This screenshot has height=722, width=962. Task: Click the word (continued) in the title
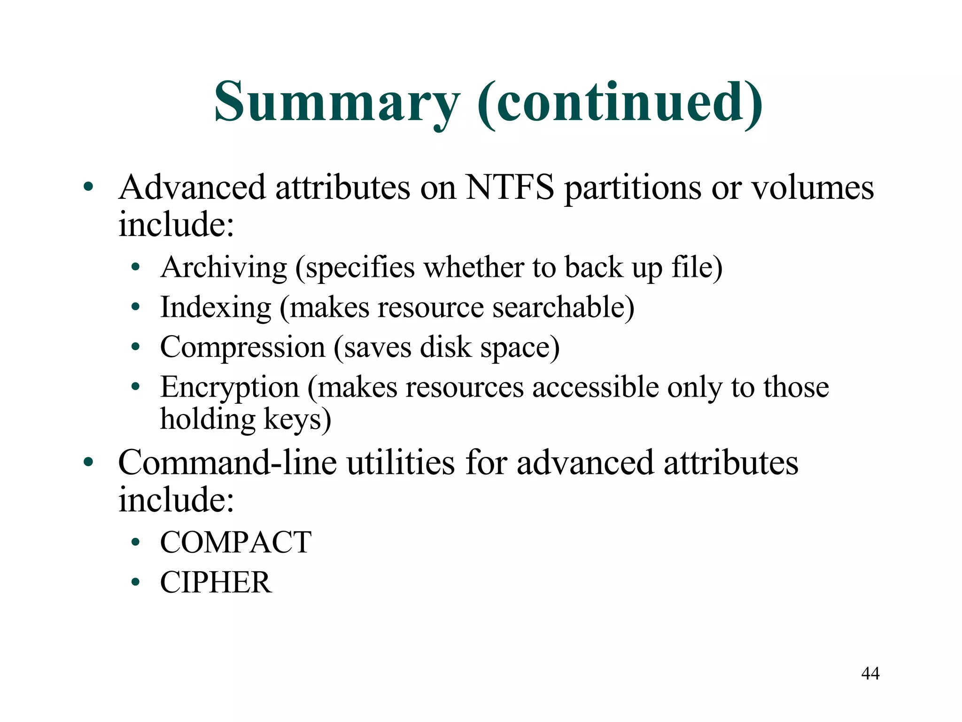pos(620,102)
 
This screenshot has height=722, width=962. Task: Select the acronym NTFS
pos(510,188)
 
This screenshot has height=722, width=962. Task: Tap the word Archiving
pos(224,267)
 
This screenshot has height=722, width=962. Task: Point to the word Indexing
pos(216,307)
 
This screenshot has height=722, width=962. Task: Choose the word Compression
pos(242,347)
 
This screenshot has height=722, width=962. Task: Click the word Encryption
pos(229,387)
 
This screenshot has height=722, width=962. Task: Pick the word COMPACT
pos(235,542)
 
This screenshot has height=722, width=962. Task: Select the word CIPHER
pos(216,583)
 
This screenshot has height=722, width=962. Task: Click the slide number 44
pos(870,674)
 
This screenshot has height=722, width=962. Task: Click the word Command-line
pos(227,463)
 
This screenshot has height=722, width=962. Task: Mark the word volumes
pos(813,188)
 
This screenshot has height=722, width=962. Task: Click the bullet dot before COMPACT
pos(136,543)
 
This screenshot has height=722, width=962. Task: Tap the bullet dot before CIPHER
pos(136,583)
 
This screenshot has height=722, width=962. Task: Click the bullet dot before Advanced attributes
pos(88,188)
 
